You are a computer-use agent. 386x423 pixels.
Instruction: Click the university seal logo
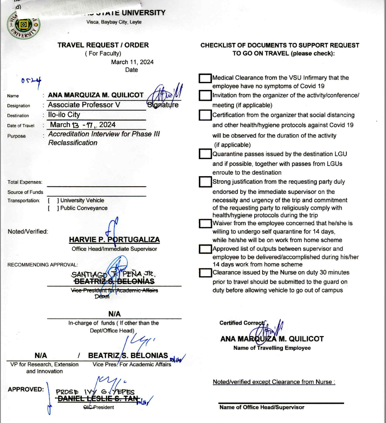(24, 24)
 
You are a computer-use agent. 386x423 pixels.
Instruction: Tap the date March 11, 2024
(132, 62)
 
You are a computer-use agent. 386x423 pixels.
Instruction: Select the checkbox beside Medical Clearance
(205, 78)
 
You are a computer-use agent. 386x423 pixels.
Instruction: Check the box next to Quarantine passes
(205, 154)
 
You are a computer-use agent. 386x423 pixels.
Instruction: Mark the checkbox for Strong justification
(205, 181)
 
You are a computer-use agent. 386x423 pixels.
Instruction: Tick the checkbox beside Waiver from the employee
(205, 223)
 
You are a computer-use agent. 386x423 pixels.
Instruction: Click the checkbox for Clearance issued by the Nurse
(205, 272)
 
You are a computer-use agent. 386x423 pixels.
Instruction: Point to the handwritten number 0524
(31, 80)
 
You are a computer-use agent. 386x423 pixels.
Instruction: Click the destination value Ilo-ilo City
(64, 115)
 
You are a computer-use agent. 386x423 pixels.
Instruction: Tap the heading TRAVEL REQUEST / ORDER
(103, 45)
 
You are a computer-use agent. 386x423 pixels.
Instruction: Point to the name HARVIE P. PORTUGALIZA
(114, 240)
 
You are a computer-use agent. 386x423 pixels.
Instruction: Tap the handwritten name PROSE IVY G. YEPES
(95, 392)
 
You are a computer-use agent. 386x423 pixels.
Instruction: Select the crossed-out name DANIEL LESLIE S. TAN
(97, 399)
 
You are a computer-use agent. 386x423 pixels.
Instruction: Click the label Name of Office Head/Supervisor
(261, 407)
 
